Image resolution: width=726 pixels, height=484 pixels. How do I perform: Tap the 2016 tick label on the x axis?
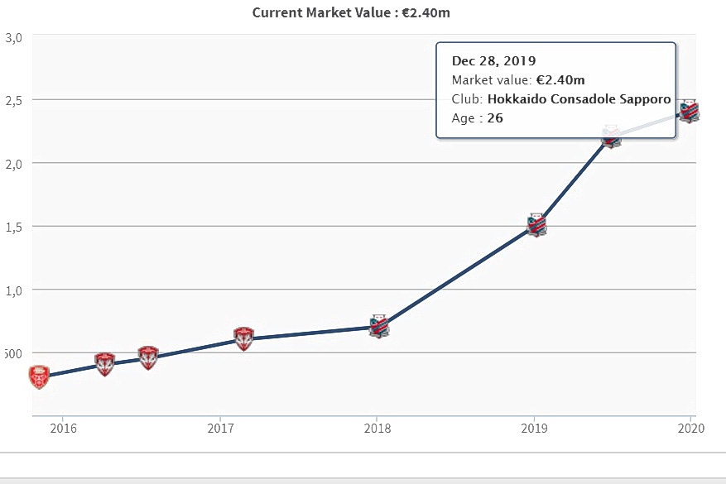coord(62,428)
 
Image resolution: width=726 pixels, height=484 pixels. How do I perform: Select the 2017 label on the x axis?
coord(219,428)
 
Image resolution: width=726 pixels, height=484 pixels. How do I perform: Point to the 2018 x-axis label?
coord(377,428)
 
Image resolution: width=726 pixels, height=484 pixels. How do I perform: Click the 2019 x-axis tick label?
coord(534,428)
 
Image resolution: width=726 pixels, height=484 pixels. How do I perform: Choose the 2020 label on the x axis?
coord(690,428)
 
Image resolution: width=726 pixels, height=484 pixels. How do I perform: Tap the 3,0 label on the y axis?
coord(14,37)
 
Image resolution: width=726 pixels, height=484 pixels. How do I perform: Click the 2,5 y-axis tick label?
coord(14,100)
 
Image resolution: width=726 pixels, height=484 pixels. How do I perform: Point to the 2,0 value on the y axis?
coord(14,163)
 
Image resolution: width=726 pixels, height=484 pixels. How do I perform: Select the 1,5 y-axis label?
coord(14,227)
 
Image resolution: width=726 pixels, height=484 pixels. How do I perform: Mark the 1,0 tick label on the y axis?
coord(14,290)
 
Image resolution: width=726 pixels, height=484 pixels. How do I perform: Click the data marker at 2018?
coord(378,327)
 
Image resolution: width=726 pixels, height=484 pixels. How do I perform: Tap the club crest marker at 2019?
coord(536,225)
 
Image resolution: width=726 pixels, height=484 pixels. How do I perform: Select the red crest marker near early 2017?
coord(243,338)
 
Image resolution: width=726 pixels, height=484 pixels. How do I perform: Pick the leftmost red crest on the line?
coord(39,376)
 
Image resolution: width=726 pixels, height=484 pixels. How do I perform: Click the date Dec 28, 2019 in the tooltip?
coord(493,61)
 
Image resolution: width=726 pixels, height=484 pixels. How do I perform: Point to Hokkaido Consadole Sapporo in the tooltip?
coord(579,99)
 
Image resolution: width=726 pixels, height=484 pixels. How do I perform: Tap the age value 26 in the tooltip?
coord(495,118)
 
